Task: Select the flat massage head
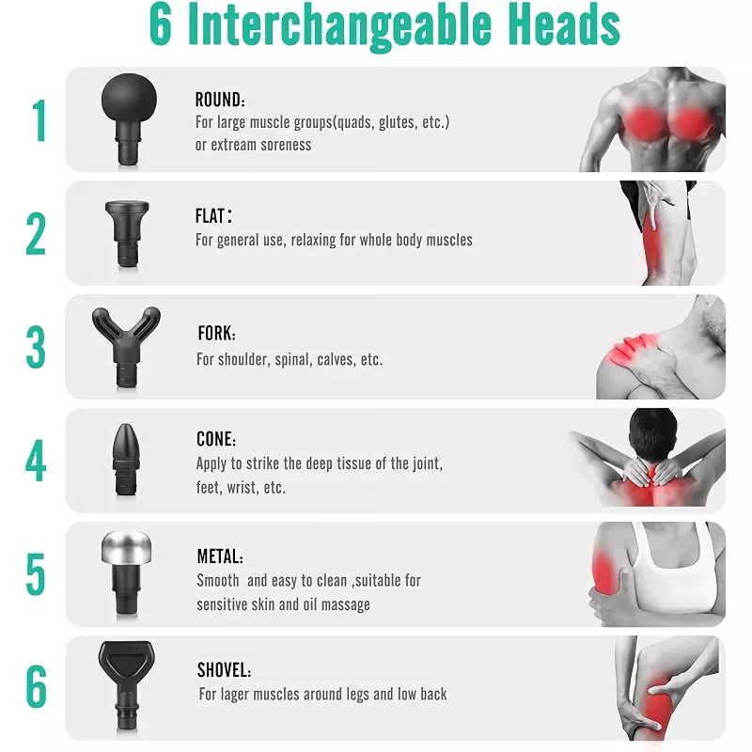[127, 233]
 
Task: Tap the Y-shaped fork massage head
[126, 346]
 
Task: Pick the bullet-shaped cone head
[127, 460]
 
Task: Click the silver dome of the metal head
[127, 548]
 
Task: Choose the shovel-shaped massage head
[127, 686]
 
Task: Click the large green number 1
[39, 120]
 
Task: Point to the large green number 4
[36, 461]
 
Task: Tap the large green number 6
[37, 687]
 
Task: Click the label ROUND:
[220, 100]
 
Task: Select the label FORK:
[217, 333]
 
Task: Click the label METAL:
[220, 556]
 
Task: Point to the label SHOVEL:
[224, 670]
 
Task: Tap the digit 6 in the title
[161, 24]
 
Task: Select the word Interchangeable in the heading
[339, 26]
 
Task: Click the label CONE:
[216, 439]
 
